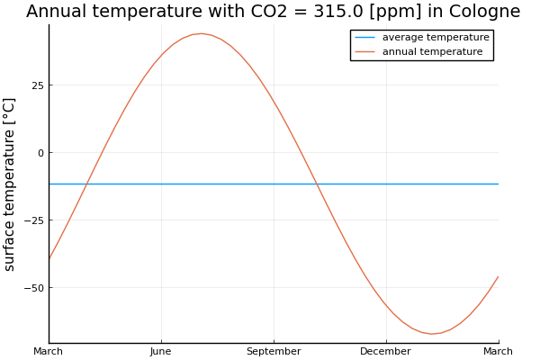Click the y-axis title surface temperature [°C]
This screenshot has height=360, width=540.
(10, 184)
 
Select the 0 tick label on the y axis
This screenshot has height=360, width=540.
(40, 153)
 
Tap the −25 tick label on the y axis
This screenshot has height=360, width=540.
(32, 220)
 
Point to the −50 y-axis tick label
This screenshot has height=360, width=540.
(32, 288)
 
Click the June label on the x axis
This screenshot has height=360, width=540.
(161, 351)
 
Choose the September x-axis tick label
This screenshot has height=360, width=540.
(274, 351)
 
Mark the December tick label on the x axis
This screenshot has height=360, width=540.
(385, 351)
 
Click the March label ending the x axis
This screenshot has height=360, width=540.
(498, 351)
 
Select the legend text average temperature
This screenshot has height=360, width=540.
(436, 38)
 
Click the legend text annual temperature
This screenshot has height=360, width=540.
(432, 52)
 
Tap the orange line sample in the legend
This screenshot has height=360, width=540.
(365, 52)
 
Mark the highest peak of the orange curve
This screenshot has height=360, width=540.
(202, 33)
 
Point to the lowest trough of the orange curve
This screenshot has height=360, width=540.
(431, 334)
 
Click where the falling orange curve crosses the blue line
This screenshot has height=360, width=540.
(317, 184)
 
